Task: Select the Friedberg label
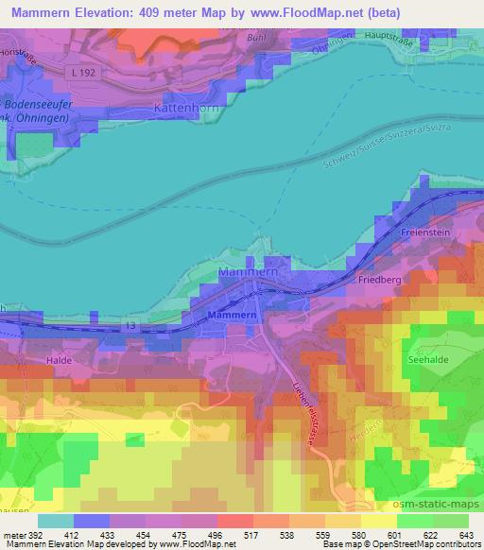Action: click(x=381, y=280)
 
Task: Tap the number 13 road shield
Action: click(x=130, y=326)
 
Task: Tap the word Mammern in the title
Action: click(x=44, y=13)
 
